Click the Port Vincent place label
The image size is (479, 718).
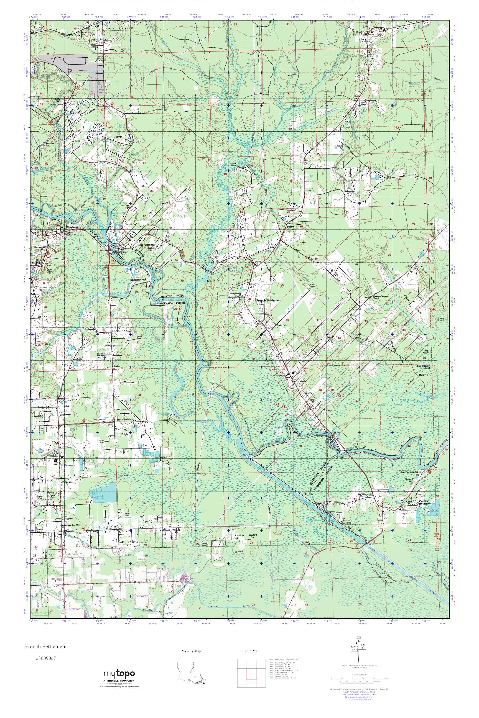(x=146, y=245)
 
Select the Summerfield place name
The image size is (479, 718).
(x=138, y=279)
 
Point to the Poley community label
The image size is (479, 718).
(x=290, y=227)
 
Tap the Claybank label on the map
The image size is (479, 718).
(x=72, y=227)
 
